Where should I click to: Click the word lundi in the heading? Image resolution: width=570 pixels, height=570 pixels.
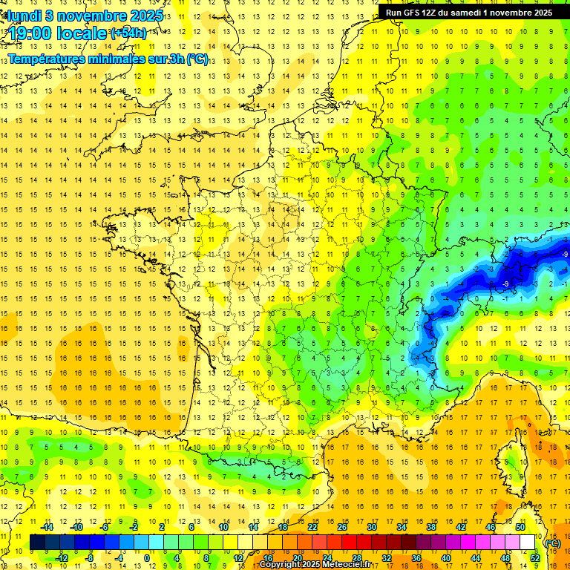tap(24, 16)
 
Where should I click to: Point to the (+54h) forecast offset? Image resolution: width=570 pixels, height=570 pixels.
tap(128, 33)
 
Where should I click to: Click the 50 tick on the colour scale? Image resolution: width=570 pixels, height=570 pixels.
tap(520, 527)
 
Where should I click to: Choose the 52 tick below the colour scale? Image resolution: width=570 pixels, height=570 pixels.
tap(535, 558)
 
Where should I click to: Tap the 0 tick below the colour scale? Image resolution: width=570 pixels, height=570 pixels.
tap(147, 558)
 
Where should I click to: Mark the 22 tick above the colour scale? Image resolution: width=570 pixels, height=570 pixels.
tap(312, 527)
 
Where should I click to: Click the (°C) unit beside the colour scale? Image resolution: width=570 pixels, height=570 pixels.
tap(552, 543)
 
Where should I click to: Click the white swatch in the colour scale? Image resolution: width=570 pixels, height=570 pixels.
tap(528, 543)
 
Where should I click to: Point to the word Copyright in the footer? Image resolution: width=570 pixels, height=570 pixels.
tap(280, 565)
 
